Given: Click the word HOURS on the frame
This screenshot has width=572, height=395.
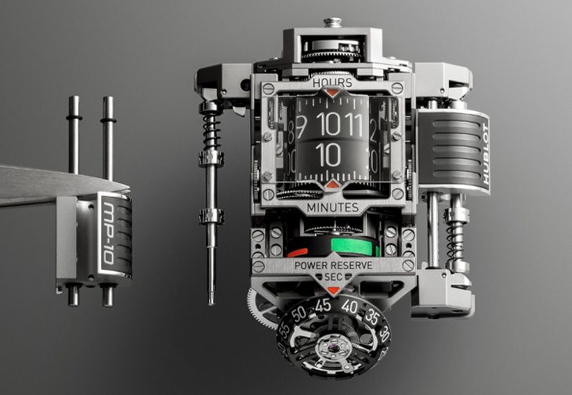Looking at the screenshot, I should click(331, 82).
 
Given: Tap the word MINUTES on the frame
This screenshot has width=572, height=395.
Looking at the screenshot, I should click(332, 207).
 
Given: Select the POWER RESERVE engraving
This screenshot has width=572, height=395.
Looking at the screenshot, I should click(332, 266).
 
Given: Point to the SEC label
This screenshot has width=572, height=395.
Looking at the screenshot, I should click(332, 278).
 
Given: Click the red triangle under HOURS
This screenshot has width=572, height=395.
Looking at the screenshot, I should click(332, 93).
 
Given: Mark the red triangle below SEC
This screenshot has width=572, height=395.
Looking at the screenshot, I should click(332, 290).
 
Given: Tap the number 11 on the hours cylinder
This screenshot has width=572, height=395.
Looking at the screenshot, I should click(352, 124).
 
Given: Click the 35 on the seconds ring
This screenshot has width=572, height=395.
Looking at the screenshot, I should click(370, 318).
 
